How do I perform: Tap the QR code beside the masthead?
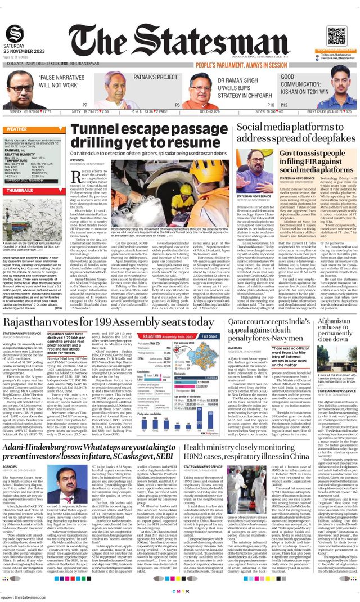click(x=335, y=35)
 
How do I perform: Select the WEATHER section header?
click(x=16, y=129)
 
